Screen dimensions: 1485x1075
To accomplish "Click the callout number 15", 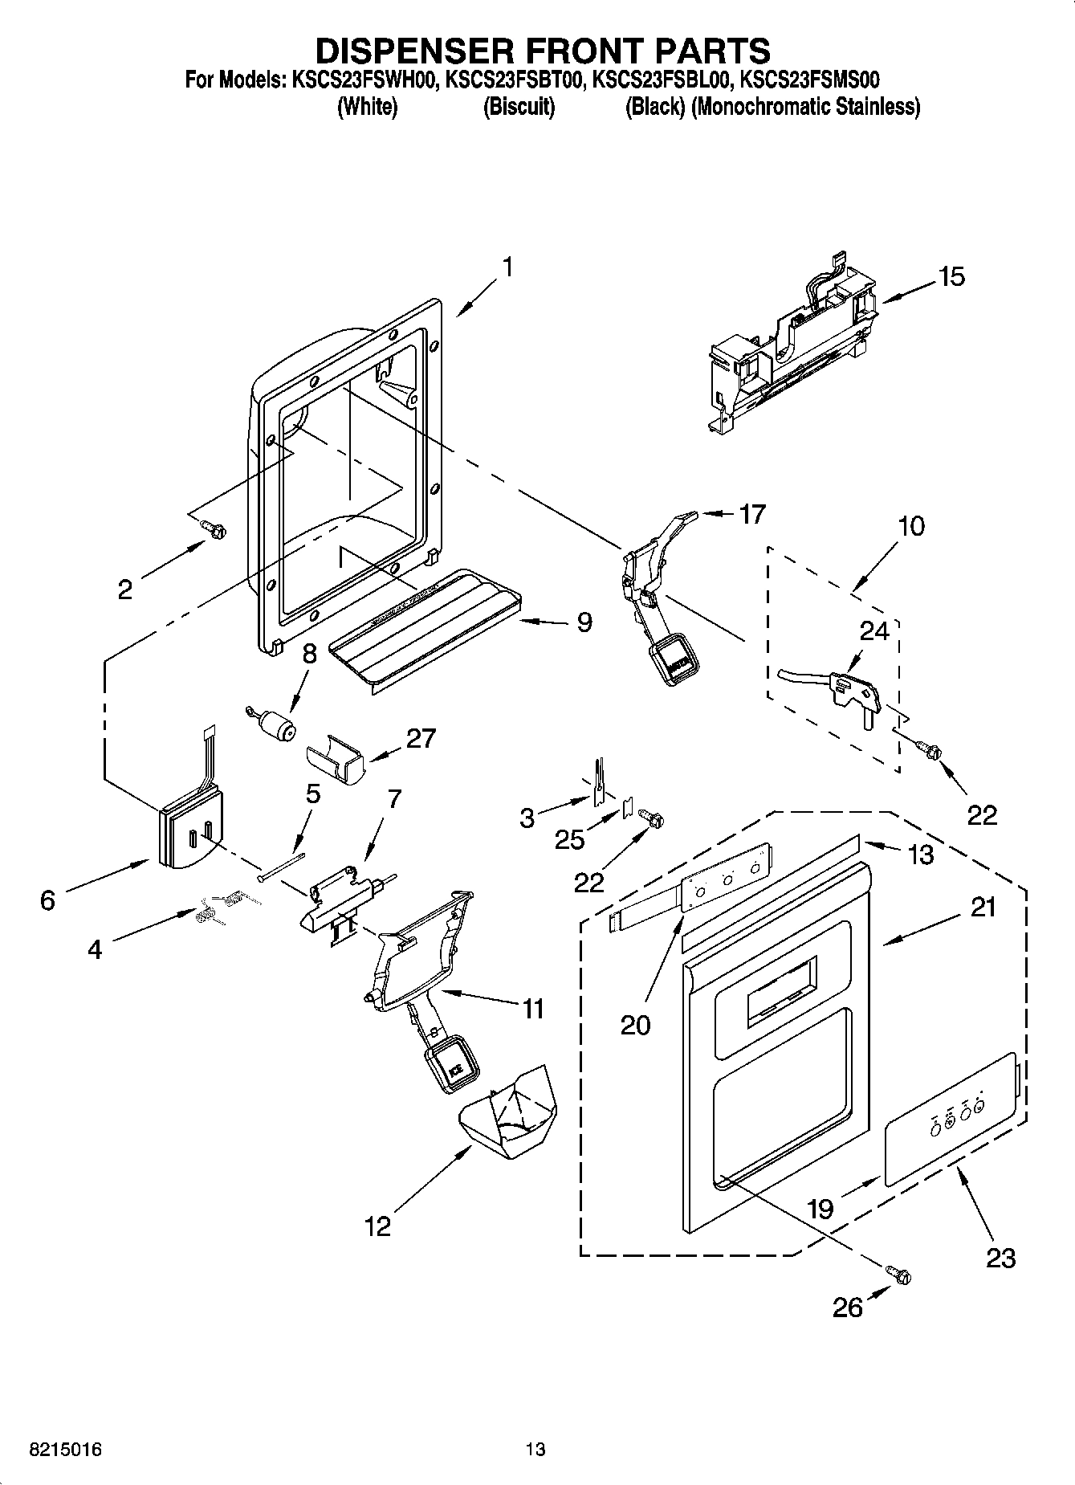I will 951,277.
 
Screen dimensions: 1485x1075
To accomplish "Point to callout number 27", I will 421,737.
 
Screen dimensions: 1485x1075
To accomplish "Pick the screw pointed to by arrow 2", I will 214,528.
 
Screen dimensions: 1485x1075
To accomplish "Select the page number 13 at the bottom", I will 535,1450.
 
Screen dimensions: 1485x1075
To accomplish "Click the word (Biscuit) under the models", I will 519,107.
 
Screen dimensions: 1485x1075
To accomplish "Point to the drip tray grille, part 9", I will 426,626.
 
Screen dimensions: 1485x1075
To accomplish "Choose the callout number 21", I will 983,907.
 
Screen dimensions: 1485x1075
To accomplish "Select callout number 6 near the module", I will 47,900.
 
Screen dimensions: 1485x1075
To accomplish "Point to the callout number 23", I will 1001,1257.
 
